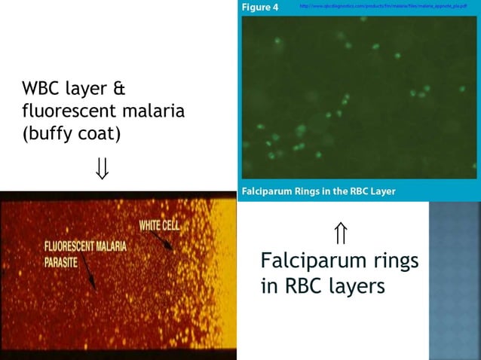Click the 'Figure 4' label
coord(260,8)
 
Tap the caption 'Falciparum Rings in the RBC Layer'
coord(318,191)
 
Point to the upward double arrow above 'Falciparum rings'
coord(341,234)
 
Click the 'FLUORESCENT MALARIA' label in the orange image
coord(85,246)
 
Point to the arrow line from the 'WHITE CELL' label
coord(161,239)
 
